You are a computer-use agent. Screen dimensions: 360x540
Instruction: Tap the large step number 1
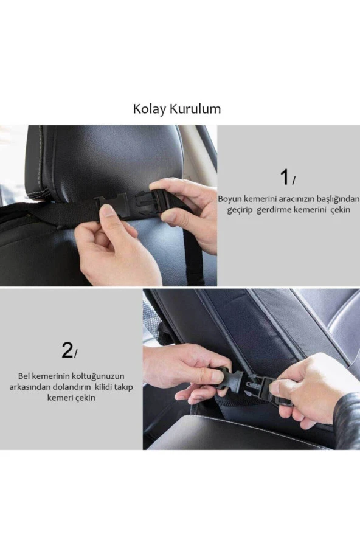point(285,178)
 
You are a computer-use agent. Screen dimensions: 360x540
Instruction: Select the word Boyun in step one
point(230,199)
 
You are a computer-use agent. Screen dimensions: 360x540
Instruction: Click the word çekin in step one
point(340,210)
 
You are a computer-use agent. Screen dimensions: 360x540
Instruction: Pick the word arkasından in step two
point(29,387)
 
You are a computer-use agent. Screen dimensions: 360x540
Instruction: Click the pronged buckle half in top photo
point(151,201)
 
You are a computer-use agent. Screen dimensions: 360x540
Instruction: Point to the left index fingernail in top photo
point(108,210)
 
